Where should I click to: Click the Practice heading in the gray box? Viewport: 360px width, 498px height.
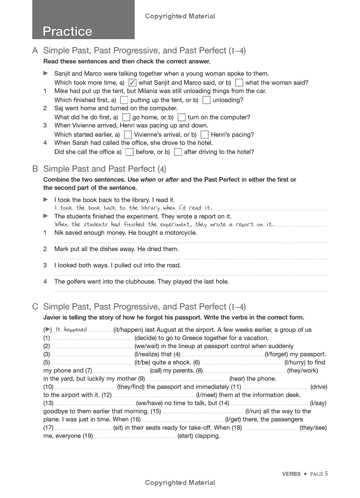67,32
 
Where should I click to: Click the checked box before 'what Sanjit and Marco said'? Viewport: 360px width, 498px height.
132,83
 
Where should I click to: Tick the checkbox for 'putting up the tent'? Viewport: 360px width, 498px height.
124,100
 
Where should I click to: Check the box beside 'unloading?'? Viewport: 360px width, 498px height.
206,100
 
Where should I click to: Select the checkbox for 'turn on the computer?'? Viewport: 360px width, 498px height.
181,118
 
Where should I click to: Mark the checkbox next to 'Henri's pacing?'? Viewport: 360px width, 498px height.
204,135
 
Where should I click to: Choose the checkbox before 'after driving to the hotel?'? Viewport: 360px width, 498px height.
178,152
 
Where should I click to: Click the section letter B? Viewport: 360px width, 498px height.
35,169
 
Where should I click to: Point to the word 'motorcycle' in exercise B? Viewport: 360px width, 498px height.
181,233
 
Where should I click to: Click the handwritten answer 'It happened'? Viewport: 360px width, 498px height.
71,330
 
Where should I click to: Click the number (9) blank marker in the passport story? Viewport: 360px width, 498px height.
141,379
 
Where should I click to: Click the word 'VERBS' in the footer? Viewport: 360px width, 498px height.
292,474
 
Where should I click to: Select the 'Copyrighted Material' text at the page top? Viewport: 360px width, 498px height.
180,16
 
